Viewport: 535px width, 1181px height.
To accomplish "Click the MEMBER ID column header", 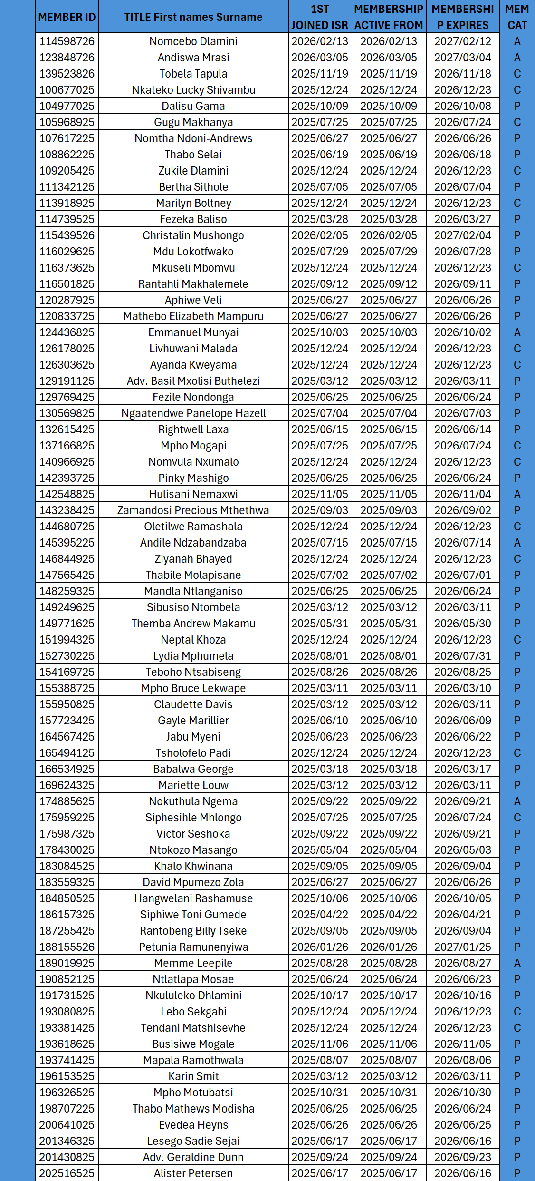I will (x=67, y=17).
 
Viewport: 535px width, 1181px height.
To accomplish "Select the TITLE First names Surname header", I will (x=193, y=17).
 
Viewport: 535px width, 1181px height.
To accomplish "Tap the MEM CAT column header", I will (x=517, y=17).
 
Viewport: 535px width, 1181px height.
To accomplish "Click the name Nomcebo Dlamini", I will (x=193, y=41).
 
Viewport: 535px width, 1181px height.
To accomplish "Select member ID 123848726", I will (x=67, y=58).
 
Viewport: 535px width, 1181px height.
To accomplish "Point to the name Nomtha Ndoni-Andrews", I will (x=193, y=138).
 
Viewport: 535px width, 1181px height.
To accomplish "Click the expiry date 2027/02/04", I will (x=462, y=235).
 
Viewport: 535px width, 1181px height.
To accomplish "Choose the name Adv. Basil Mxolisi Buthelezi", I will (x=193, y=381).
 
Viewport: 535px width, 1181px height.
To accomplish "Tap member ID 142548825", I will (x=67, y=494).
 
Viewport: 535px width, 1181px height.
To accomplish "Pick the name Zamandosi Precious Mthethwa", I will (x=193, y=510).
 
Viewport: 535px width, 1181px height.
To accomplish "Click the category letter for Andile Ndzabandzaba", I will (x=517, y=543).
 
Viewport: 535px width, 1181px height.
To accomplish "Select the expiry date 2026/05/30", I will (x=462, y=624).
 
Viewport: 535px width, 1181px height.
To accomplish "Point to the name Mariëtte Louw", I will (x=193, y=785).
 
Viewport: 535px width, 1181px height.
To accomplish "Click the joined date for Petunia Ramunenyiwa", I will (x=319, y=947).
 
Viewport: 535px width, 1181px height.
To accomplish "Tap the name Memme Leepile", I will (x=193, y=963).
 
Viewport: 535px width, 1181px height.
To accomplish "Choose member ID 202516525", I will (x=67, y=1173).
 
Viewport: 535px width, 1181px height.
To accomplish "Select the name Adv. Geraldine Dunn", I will (x=193, y=1157).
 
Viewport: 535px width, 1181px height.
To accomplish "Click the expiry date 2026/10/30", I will (x=462, y=1093).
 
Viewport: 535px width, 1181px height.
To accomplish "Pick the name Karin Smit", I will (x=193, y=1076).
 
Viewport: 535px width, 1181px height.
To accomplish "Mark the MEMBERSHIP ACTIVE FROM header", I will (x=388, y=17).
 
